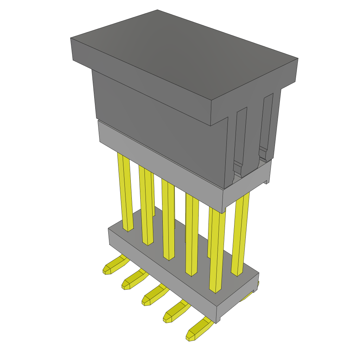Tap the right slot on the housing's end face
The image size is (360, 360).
pyautogui.click(x=266, y=123)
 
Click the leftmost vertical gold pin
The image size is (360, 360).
pyautogui.click(x=126, y=193)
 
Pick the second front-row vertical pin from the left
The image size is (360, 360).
pyautogui.click(x=146, y=207)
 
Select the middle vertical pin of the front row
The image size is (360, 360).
pyautogui.click(x=168, y=221)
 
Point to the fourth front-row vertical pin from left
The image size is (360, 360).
pyautogui.click(x=192, y=236)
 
